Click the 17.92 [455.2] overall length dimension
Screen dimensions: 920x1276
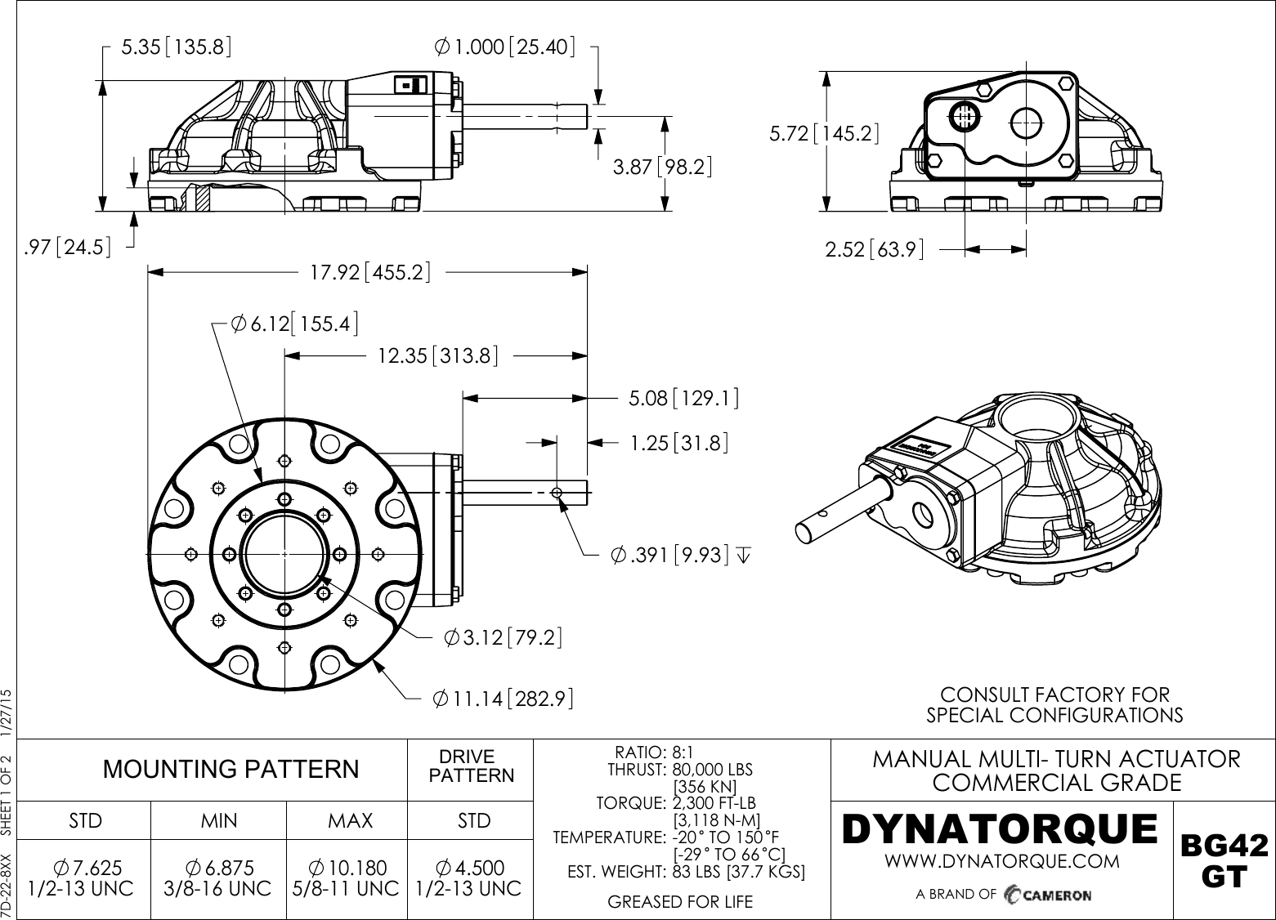pyautogui.click(x=370, y=272)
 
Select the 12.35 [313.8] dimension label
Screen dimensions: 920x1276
pyautogui.click(x=437, y=355)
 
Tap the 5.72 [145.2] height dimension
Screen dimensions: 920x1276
pyautogui.click(x=824, y=133)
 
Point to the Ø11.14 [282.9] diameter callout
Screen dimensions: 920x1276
pyautogui.click(x=501, y=699)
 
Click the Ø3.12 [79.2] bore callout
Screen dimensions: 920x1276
pyautogui.click(x=503, y=637)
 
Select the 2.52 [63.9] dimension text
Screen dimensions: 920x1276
pyautogui.click(x=874, y=249)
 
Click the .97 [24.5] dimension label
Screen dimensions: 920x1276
pyautogui.click(x=68, y=247)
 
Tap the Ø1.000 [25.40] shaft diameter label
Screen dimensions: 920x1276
pyautogui.click(x=504, y=47)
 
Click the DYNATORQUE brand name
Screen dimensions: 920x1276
pyautogui.click(x=999, y=829)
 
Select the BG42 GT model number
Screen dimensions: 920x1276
pyautogui.click(x=1224, y=860)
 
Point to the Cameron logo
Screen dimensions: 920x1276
pyautogui.click(x=1048, y=894)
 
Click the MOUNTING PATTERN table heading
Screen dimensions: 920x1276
pyautogui.click(x=230, y=769)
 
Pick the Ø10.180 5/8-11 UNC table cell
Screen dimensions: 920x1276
pyautogui.click(x=346, y=878)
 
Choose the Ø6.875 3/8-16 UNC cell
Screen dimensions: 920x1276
pyautogui.click(x=218, y=878)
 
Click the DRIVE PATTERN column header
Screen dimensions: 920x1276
pyautogui.click(x=471, y=766)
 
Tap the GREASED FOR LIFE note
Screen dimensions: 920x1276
pyautogui.click(x=680, y=902)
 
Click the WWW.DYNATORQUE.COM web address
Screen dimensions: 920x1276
pyautogui.click(x=1002, y=861)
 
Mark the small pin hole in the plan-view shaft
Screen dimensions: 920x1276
pyautogui.click(x=557, y=493)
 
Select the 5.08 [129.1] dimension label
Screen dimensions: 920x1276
pyautogui.click(x=683, y=399)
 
